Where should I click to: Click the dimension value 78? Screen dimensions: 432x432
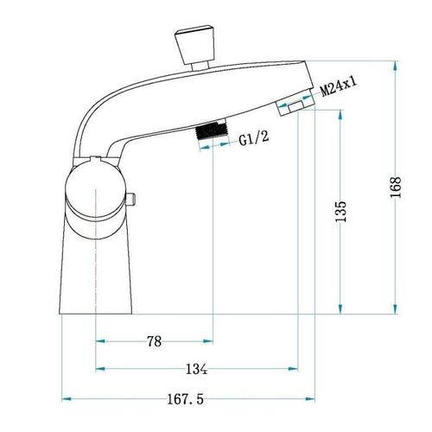click(155, 341)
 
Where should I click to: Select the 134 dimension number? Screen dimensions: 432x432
click(197, 369)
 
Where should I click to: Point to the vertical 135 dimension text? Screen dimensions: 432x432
click(340, 211)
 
